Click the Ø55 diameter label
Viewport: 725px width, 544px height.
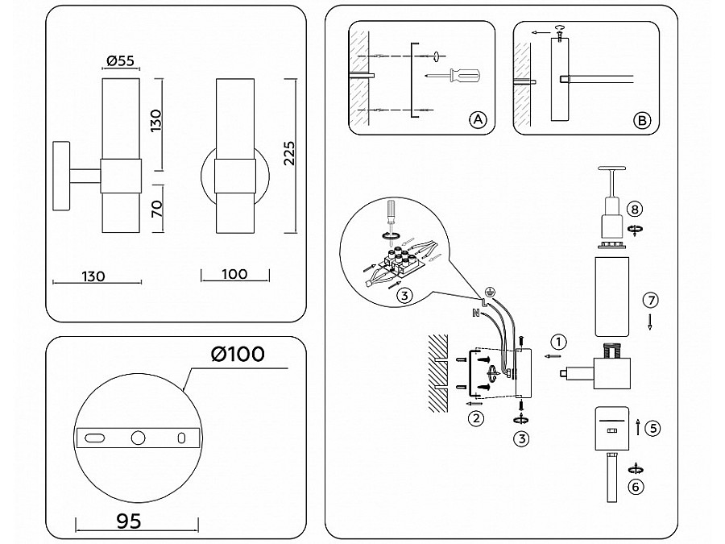click(119, 60)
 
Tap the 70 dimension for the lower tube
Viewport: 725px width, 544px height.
click(156, 210)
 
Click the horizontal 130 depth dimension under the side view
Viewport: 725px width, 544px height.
click(93, 276)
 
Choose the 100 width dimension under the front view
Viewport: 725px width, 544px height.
click(233, 274)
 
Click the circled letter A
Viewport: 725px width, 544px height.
click(478, 120)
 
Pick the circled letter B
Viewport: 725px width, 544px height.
click(641, 120)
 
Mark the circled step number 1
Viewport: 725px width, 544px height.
click(560, 341)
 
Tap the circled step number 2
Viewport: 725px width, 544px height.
click(477, 417)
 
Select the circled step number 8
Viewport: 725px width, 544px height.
click(636, 210)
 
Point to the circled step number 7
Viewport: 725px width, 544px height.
click(651, 300)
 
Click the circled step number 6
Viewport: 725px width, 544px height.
click(636, 486)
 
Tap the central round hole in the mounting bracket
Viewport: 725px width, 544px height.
click(139, 438)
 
